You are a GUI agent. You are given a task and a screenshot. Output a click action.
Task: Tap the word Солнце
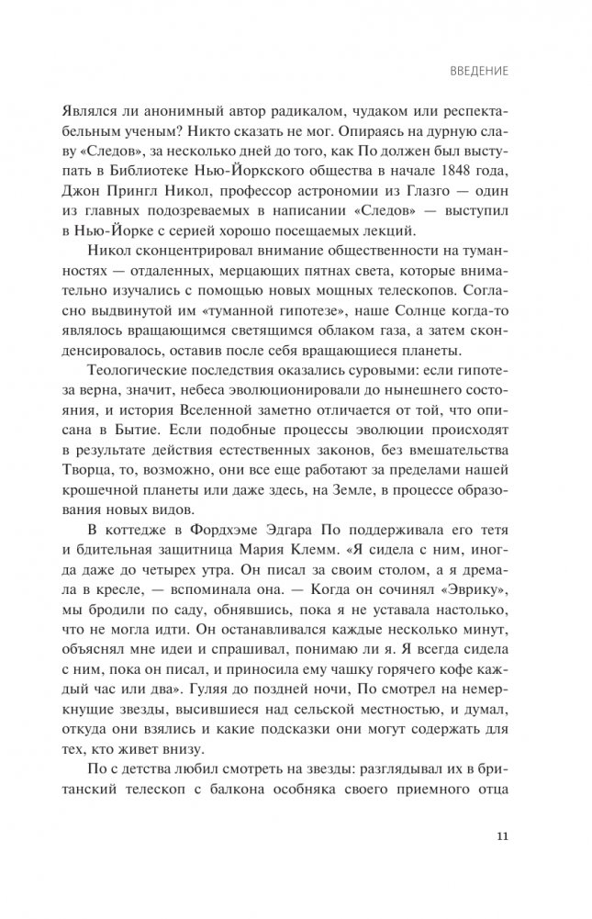click(408, 303)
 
